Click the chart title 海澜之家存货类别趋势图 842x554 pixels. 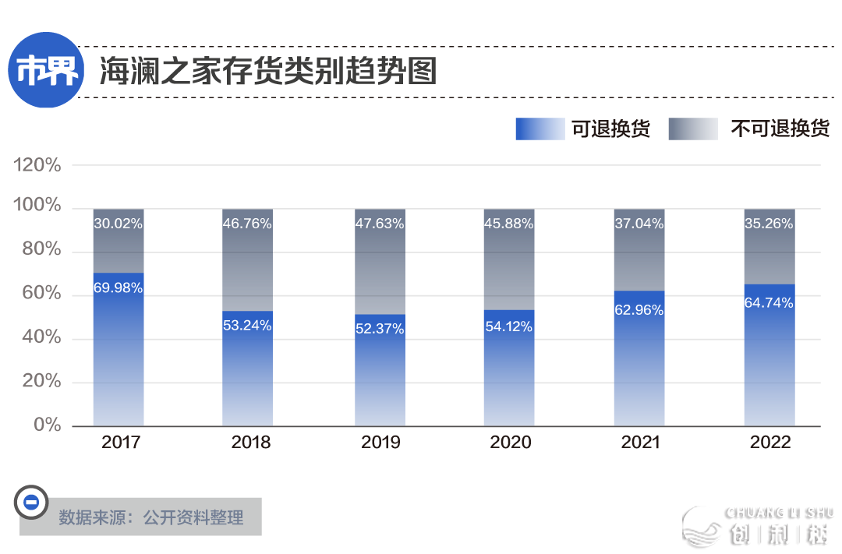coord(267,72)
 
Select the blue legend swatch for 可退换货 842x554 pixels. coord(540,129)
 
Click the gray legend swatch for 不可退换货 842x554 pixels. coord(692,129)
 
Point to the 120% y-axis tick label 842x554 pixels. coord(37,165)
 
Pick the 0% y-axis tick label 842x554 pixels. coord(47,425)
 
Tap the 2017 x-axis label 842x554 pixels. coord(121,443)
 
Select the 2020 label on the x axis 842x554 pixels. coord(510,443)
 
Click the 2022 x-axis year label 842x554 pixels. coord(770,443)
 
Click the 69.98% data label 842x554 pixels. coord(119,288)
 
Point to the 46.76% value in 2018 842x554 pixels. coord(247,224)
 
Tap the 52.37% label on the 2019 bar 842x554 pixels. coord(379,329)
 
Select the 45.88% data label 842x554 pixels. coord(508,224)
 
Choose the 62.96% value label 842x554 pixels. coord(639,310)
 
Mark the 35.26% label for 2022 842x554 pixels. coord(768,224)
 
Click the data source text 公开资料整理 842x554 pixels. coord(193,517)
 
